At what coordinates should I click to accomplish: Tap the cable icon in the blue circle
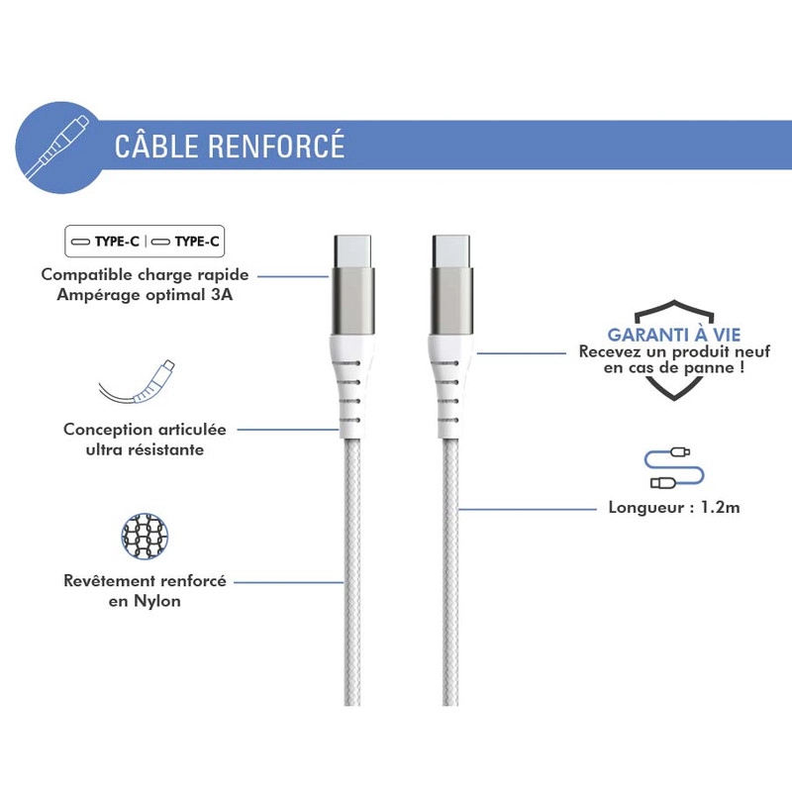56,147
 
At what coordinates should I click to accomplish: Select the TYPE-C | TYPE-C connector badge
145,242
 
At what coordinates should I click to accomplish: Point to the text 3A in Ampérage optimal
222,295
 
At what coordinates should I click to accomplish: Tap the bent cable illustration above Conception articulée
137,382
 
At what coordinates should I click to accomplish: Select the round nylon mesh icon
145,537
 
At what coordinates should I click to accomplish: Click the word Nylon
157,602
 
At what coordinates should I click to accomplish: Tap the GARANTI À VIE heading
674,335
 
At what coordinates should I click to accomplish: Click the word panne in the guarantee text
707,367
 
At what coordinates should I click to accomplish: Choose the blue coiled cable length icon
674,468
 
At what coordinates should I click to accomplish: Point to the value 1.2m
721,507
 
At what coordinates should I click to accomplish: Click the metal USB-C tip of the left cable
352,251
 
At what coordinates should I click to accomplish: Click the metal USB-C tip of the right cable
451,251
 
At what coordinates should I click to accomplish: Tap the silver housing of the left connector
352,301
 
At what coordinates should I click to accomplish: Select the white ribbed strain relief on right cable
449,385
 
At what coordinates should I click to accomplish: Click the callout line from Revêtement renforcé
288,582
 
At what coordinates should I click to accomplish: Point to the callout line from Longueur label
527,509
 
